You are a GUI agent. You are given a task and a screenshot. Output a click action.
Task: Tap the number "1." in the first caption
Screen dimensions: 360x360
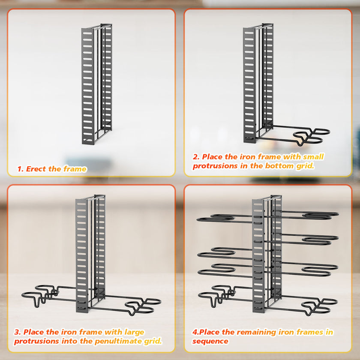point(21,169)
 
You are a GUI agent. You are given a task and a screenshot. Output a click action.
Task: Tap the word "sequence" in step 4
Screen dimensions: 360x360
point(210,341)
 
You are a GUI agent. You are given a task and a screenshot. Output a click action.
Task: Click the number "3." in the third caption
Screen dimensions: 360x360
point(18,332)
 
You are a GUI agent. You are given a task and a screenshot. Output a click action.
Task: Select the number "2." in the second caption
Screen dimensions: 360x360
point(196,157)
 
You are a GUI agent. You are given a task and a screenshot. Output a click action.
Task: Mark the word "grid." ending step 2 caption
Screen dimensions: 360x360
point(304,166)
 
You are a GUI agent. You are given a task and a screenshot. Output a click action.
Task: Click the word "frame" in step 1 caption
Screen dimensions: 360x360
point(75,169)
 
